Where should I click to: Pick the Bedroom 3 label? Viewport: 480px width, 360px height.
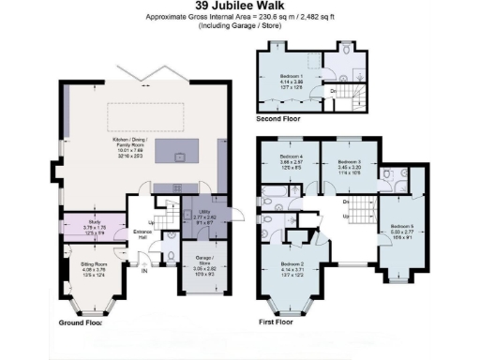pos(349,165)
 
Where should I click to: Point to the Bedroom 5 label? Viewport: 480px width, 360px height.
pos(401,229)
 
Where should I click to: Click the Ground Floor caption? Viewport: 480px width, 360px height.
pos(80,322)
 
